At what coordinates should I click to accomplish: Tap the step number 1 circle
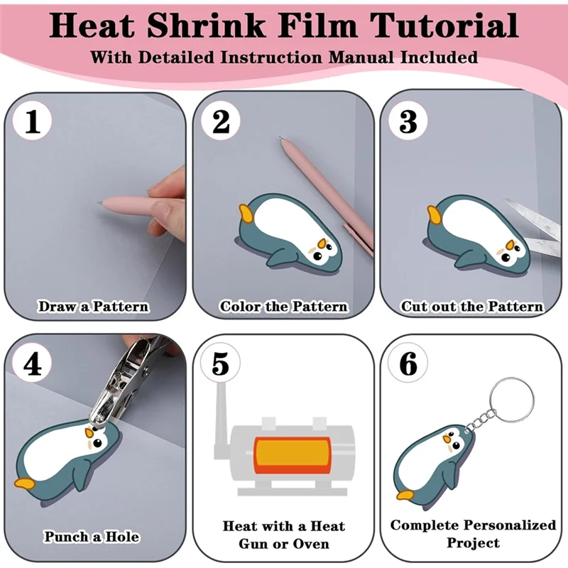32,121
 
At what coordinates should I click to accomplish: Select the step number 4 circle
32,364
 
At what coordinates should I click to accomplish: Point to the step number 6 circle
408,363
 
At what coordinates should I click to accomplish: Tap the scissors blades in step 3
535,227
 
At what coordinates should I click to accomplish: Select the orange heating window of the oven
292,456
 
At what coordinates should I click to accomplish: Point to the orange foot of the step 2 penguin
246,213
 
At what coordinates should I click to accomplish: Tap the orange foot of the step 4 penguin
25,484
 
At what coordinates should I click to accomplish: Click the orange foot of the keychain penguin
405,495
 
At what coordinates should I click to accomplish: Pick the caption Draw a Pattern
94,307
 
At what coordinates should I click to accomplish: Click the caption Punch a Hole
92,537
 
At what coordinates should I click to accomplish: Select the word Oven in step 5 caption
311,544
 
